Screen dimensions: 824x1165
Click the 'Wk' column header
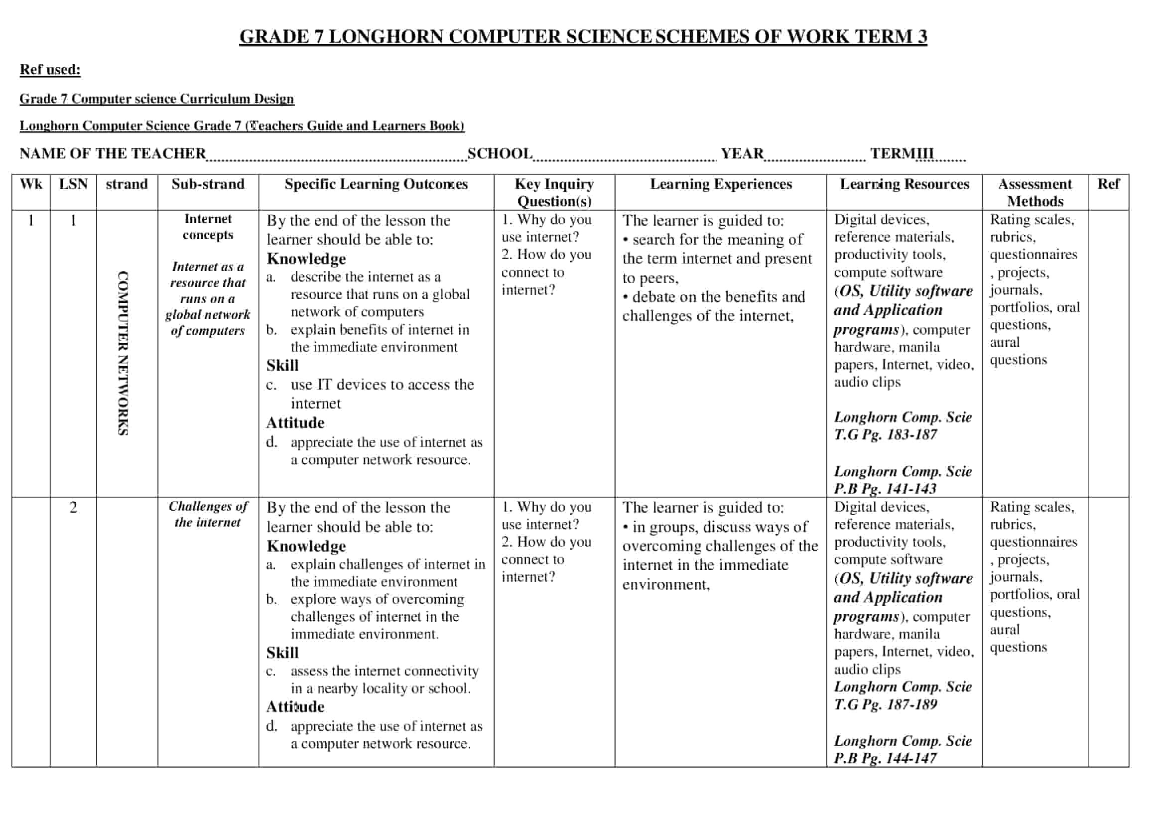(x=31, y=184)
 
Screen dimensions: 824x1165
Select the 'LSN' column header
(x=73, y=184)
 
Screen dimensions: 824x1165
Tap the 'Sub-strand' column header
(x=208, y=184)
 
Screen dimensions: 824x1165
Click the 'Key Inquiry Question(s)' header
(x=553, y=192)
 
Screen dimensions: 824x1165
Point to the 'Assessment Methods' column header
(x=1035, y=192)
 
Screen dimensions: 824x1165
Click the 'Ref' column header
(x=1108, y=184)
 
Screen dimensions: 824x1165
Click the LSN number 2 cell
(x=73, y=507)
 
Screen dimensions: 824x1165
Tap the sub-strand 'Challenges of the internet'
(x=208, y=514)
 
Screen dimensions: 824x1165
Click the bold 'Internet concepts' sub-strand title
(x=208, y=227)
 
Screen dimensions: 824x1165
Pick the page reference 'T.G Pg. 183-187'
(x=885, y=435)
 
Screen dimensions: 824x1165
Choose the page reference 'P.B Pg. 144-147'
(x=885, y=758)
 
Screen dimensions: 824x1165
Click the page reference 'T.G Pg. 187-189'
(x=885, y=704)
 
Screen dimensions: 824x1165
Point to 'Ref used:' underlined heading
(x=50, y=70)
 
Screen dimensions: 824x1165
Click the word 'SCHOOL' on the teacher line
(x=500, y=153)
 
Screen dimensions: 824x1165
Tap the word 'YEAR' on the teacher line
(x=742, y=153)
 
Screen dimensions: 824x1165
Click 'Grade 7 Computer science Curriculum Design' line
(x=156, y=99)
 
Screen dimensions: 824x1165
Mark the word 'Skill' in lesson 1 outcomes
(x=282, y=365)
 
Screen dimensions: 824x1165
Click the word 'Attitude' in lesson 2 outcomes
(x=295, y=707)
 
